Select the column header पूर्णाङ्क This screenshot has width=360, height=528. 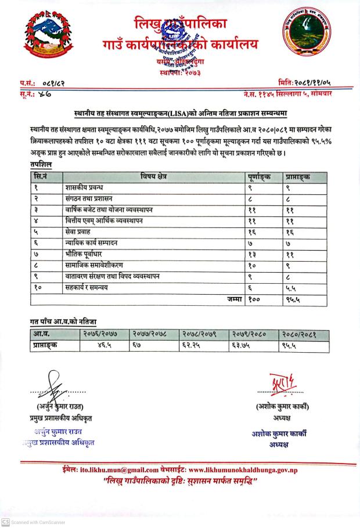point(262,176)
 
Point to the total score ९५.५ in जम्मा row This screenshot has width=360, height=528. point(294,299)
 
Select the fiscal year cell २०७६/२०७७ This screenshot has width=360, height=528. point(101,335)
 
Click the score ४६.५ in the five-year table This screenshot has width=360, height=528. point(106,346)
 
